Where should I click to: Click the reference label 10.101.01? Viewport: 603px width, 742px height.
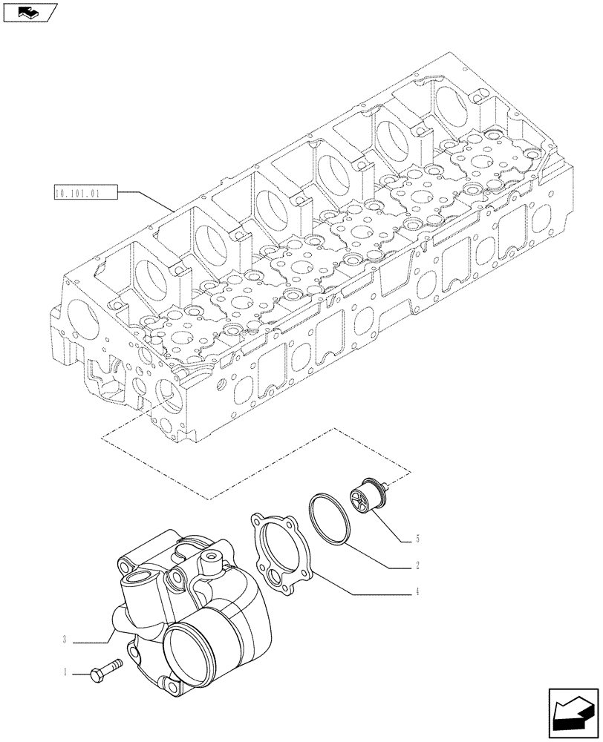coord(87,194)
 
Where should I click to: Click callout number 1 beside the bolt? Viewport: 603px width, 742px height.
coord(65,674)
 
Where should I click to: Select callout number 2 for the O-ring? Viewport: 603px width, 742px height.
coord(418,565)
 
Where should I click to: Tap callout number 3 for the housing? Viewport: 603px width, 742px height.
coord(65,639)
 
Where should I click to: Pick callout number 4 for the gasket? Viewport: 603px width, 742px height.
coord(418,592)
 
